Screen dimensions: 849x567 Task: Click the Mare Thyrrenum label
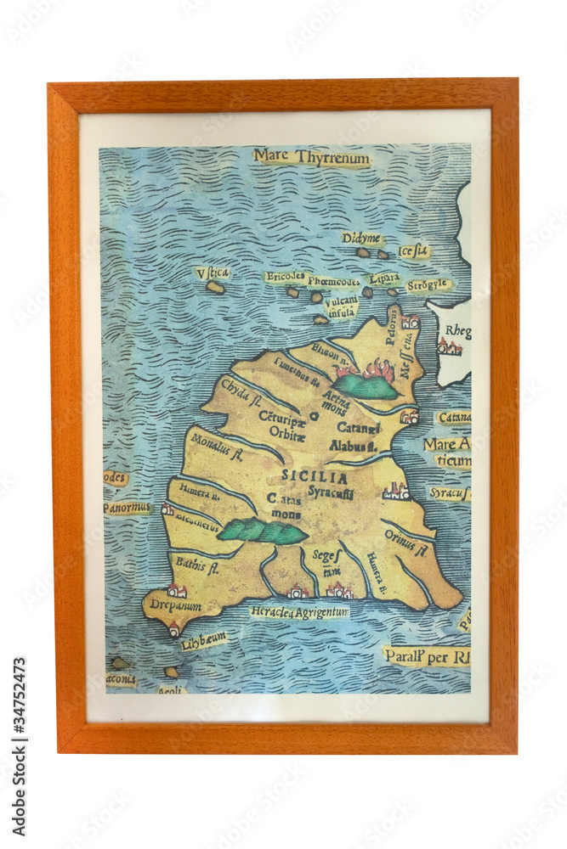point(311,157)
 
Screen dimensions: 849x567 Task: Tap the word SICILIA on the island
point(315,478)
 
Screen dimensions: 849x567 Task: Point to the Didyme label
point(362,239)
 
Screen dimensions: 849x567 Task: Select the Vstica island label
point(213,273)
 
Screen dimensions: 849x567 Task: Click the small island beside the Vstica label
point(215,288)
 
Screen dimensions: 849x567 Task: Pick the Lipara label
point(384,278)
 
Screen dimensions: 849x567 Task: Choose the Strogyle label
point(427,285)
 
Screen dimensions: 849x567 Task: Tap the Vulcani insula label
point(341,306)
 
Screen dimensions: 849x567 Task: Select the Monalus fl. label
point(217,448)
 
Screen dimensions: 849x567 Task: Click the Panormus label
point(128,508)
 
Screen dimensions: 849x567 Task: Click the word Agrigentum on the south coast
point(322,612)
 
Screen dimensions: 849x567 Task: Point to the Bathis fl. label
point(197,564)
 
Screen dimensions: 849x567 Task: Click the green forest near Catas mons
point(262,531)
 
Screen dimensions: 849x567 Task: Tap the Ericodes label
point(285,277)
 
